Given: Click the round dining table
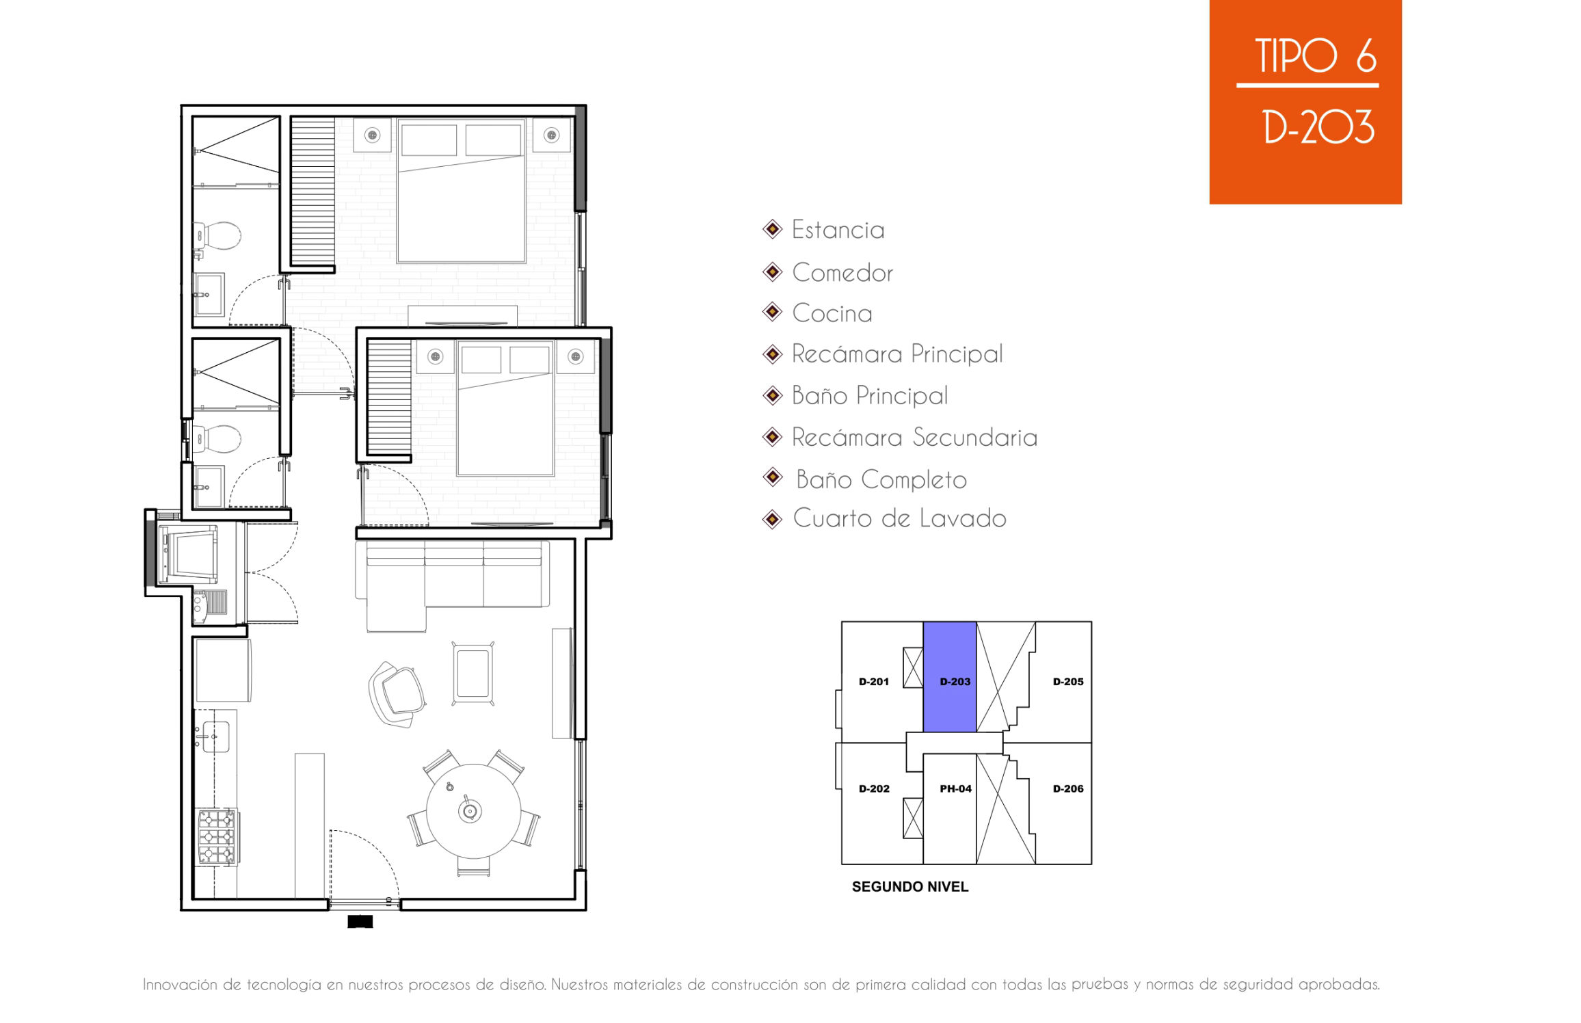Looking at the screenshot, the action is [473, 811].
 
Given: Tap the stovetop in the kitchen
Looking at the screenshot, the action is [217, 836].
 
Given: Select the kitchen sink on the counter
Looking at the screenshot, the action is [215, 736].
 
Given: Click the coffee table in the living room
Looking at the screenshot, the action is [473, 673].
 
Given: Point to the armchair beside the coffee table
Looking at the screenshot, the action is [396, 694].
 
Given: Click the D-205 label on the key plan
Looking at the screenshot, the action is [1068, 682].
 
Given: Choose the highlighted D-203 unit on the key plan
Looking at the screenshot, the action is [950, 677].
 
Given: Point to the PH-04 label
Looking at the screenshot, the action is [955, 788].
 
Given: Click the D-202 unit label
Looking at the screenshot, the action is [874, 788].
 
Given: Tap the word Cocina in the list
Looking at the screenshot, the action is [832, 313].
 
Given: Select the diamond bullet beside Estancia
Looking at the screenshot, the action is [773, 229].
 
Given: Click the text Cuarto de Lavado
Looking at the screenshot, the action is [899, 518].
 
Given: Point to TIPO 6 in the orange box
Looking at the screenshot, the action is [1316, 55].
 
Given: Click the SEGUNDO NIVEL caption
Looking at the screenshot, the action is [910, 887].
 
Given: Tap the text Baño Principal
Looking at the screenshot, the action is [870, 395].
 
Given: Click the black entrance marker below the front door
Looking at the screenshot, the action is [360, 922].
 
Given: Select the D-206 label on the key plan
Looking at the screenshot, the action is [1068, 788].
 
